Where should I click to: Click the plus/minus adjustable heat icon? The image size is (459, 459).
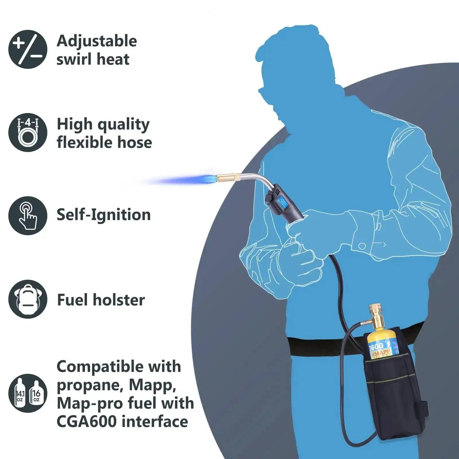point(28,49)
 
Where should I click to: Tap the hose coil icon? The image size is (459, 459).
point(28,132)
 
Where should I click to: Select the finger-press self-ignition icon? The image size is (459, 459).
point(28,215)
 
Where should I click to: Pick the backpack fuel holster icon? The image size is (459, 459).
point(28,299)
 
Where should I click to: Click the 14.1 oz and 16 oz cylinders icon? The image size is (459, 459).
point(28,393)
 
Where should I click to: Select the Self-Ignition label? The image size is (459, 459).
point(104,215)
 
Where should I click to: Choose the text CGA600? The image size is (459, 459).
point(86,421)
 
